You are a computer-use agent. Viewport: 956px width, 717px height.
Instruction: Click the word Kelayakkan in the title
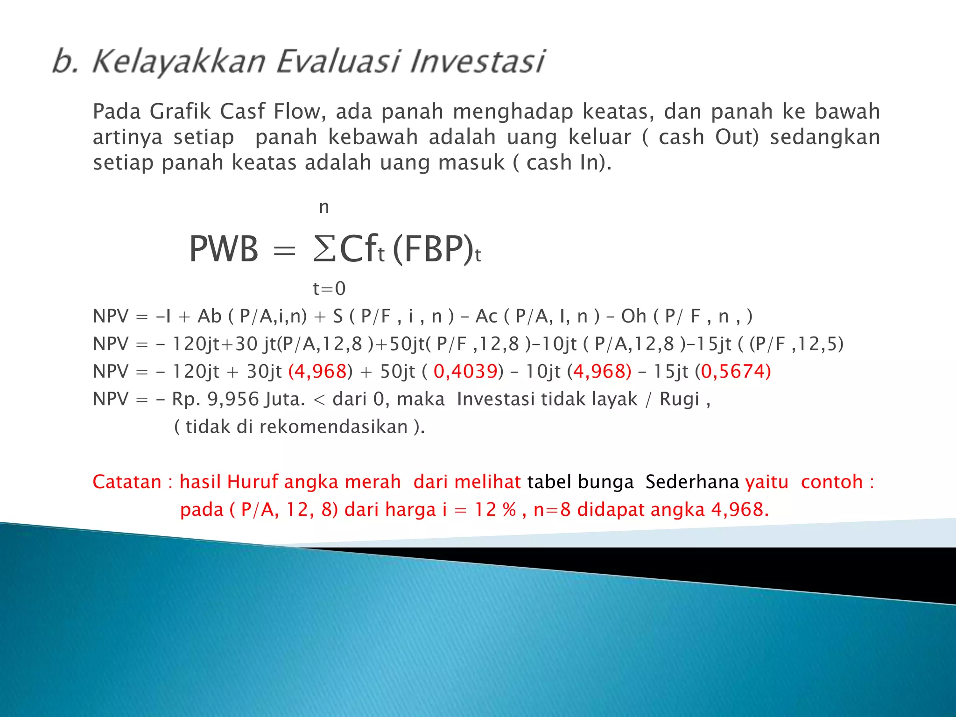click(x=179, y=62)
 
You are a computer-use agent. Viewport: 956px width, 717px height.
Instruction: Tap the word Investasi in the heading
click(x=478, y=62)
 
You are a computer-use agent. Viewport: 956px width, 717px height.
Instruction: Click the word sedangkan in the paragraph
click(x=825, y=137)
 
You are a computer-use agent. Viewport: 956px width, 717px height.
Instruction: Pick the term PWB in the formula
click(x=224, y=249)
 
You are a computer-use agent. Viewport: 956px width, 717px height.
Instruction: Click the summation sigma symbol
click(x=324, y=249)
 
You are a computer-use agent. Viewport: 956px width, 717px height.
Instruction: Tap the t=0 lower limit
click(x=329, y=288)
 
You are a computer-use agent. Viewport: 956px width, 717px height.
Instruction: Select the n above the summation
click(x=324, y=207)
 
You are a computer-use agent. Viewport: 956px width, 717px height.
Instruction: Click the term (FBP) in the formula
click(x=433, y=249)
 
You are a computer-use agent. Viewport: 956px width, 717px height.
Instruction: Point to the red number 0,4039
click(x=465, y=372)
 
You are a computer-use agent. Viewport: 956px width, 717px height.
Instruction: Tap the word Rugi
click(x=679, y=399)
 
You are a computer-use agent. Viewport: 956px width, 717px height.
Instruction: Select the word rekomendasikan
click(x=333, y=427)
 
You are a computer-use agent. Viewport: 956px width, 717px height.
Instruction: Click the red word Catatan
click(x=127, y=482)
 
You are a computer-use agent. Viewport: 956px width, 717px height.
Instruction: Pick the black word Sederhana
click(x=692, y=482)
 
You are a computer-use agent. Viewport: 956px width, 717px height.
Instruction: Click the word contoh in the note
click(x=831, y=482)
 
